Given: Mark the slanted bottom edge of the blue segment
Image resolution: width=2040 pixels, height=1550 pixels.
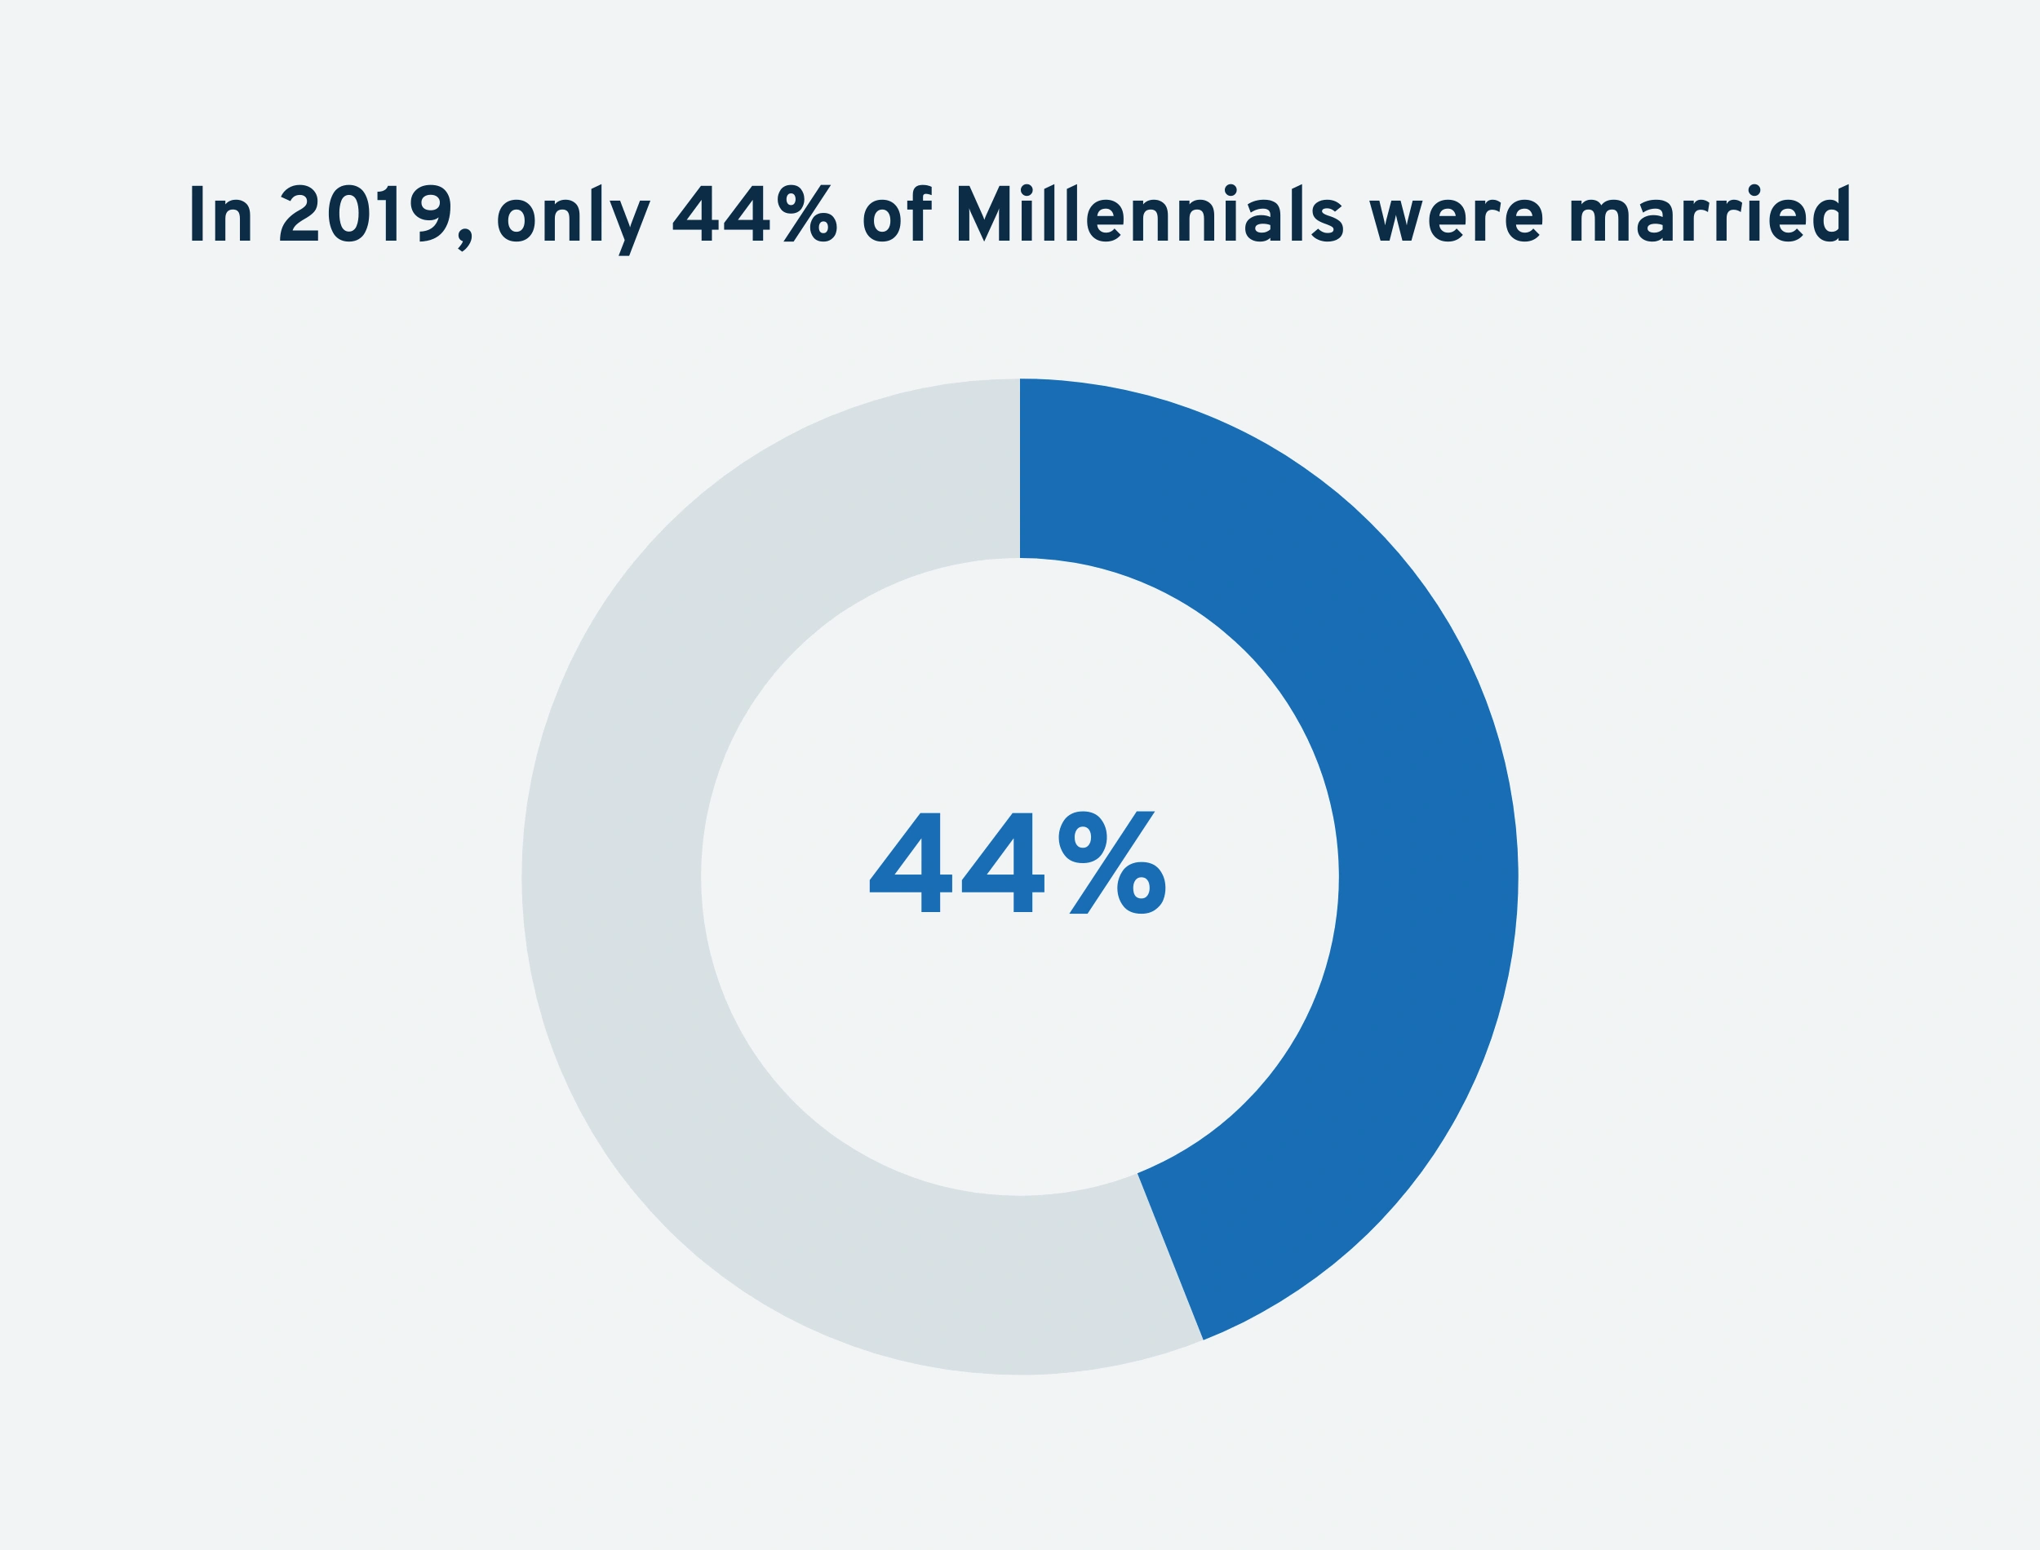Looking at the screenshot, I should [x=1170, y=1255].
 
